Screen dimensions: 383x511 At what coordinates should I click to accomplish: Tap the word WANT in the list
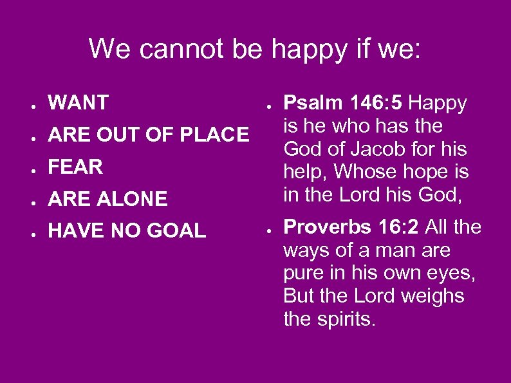pyautogui.click(x=79, y=102)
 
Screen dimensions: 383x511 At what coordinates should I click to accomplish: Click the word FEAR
pyautogui.click(x=75, y=167)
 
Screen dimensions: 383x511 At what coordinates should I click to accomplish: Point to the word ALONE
pyautogui.click(x=133, y=200)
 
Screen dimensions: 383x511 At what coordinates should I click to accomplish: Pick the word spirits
pyautogui.click(x=350, y=319)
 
